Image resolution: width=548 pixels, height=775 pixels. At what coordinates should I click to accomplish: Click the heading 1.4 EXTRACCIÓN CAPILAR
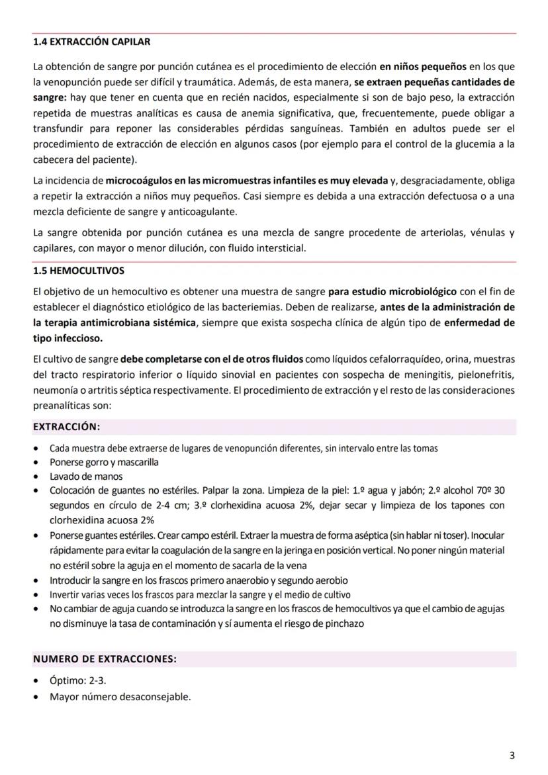(91, 42)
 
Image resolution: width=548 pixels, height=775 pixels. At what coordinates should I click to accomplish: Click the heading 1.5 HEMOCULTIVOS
(78, 271)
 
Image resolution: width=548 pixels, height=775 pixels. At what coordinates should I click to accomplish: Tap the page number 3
(512, 755)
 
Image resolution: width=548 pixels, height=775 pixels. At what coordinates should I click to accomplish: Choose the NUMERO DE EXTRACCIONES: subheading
(105, 659)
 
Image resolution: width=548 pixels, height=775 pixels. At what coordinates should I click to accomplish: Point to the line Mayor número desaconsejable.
(120, 696)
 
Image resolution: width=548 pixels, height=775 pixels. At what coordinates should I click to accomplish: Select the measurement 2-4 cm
(154, 506)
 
